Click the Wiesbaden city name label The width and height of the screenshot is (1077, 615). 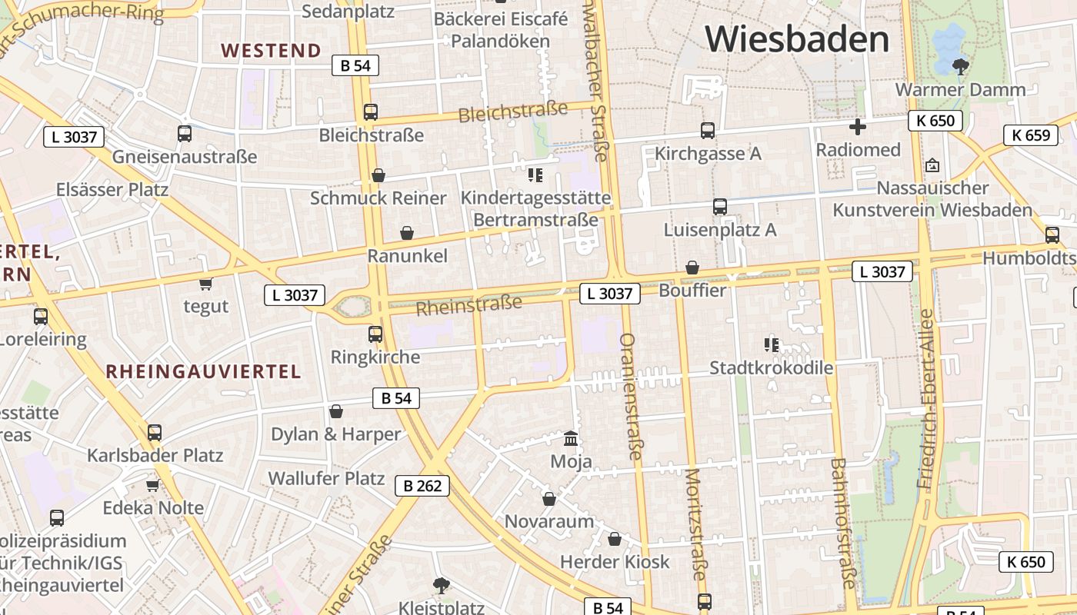796,38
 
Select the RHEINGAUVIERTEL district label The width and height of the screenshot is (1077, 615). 203,372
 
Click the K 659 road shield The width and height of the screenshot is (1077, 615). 1030,135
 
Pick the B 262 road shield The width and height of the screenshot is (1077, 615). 422,486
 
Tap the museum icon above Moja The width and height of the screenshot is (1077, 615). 571,439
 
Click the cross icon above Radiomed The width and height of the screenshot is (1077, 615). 858,127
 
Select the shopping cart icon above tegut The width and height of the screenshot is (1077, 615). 205,284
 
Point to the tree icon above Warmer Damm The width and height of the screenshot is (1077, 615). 960,67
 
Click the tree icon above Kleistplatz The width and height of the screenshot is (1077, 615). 441,586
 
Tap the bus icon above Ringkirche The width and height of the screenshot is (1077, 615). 375,334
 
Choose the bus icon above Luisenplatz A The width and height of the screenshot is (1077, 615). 720,207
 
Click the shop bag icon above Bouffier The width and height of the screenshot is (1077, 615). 692,268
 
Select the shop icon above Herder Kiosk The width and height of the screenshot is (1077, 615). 614,539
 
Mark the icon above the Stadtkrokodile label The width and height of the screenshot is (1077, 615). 771,345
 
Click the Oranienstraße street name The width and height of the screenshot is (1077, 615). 630,397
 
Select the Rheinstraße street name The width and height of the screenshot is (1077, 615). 468,304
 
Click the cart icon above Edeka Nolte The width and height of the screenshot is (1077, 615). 152,485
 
